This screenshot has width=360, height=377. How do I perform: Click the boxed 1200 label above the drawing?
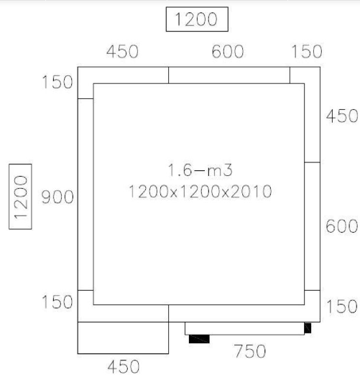197,19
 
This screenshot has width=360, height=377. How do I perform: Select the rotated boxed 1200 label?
20,197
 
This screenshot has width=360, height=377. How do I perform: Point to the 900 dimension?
57,197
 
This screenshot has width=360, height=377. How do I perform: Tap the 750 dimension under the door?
250,351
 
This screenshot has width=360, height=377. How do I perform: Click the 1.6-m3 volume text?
200,170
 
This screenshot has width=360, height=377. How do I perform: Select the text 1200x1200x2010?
200,192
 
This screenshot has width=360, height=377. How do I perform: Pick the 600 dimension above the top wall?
228,52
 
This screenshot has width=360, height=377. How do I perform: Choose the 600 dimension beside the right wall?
342,226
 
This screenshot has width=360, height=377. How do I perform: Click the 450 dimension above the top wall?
122,52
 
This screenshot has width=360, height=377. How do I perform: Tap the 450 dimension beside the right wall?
342,116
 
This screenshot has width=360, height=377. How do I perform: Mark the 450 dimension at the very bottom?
124,367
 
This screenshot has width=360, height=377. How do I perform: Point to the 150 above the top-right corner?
307,52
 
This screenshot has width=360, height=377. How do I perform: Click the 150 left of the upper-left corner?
57,82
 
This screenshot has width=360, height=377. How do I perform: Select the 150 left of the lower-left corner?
57,302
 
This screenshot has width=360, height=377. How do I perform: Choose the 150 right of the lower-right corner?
342,307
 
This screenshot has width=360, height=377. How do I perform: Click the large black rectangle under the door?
199,339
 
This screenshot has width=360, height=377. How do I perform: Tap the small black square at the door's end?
308,328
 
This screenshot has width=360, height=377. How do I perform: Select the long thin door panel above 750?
244,328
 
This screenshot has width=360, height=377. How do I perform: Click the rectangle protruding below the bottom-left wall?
123,338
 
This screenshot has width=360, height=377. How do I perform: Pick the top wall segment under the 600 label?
229,75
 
